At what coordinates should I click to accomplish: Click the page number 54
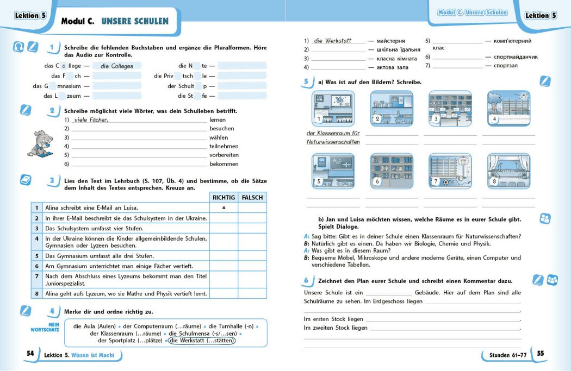pos(30,354)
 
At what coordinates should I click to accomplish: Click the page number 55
pos(540,354)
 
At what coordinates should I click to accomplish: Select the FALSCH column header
pos(252,198)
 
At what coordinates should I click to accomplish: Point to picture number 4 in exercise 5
pos(508,109)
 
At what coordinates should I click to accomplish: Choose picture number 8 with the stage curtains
pos(508,171)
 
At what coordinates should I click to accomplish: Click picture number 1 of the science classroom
pos(333,109)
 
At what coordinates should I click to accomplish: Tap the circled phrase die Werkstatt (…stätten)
pos(202,341)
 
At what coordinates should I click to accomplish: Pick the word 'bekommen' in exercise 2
pos(224,164)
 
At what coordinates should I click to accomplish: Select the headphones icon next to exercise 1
pos(18,47)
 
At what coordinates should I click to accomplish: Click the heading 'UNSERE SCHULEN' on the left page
pos(135,22)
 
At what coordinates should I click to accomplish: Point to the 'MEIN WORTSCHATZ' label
pos(45,327)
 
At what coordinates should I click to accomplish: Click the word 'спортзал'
pos(506,66)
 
